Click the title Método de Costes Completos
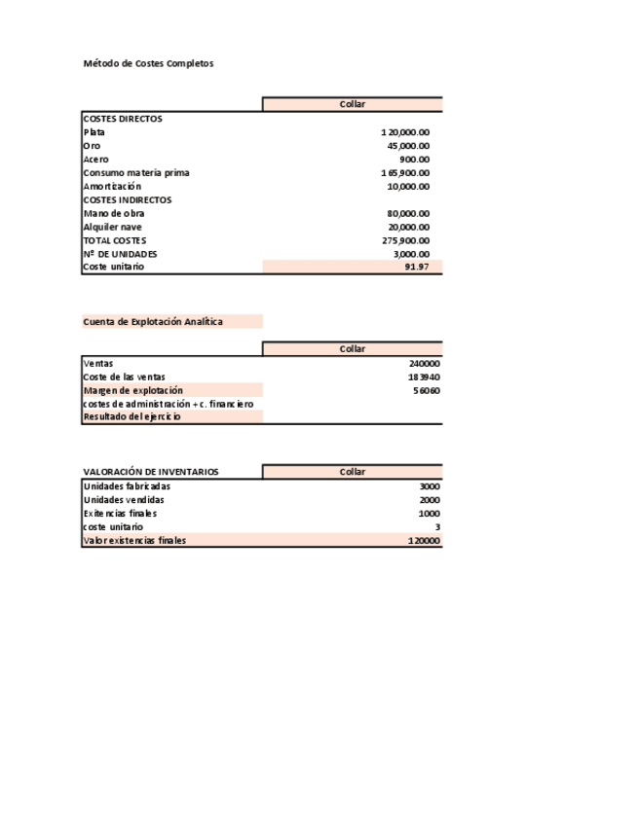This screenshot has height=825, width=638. [148, 63]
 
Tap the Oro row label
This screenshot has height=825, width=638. [93, 146]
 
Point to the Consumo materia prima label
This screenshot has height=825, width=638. [136, 173]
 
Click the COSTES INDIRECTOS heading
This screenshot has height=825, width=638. [128, 200]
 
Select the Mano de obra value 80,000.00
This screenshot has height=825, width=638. [408, 214]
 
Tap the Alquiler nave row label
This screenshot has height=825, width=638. [113, 228]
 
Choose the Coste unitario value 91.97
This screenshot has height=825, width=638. [417, 268]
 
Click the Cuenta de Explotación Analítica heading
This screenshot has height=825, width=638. [153, 321]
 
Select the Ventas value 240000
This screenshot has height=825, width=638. [425, 364]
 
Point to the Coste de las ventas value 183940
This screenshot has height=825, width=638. [425, 377]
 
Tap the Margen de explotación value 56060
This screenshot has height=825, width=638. [427, 391]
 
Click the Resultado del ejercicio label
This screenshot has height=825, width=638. [132, 417]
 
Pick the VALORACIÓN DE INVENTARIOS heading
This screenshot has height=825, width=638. [151, 472]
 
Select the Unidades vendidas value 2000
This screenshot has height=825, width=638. [430, 500]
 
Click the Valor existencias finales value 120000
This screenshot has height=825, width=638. [425, 541]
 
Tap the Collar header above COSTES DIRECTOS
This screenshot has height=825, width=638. [353, 104]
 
